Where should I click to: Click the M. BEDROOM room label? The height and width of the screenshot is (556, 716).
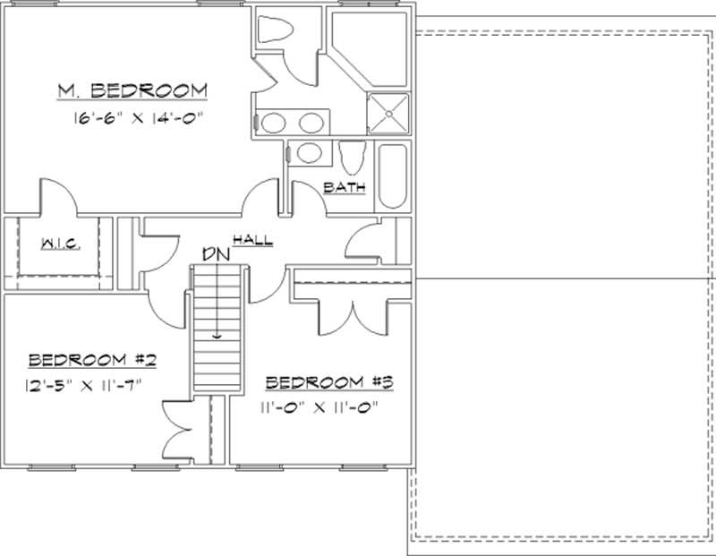pos(132,90)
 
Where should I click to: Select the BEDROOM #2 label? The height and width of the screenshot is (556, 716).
pos(93,361)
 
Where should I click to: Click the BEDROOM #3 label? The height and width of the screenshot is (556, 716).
pos(331,383)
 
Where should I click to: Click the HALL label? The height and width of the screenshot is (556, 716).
pos(252,240)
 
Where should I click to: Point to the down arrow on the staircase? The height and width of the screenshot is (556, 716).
pos(217,335)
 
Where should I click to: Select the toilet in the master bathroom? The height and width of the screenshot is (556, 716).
pos(274,30)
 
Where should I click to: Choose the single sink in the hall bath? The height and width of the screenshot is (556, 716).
pos(311,153)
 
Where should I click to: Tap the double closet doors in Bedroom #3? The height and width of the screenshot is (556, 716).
pos(354,316)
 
